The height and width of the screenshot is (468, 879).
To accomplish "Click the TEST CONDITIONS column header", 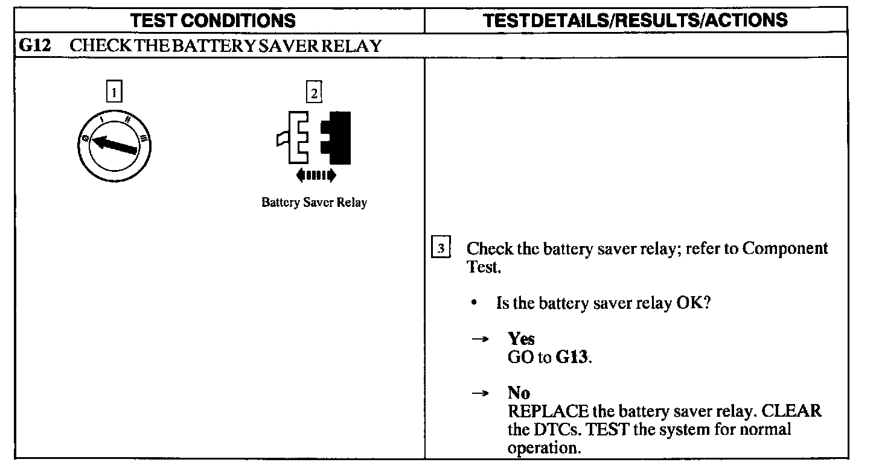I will pyautogui.click(x=213, y=21).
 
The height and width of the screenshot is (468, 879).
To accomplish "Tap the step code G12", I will pyautogui.click(x=33, y=46).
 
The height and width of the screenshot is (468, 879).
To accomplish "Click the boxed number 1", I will pyautogui.click(x=113, y=92).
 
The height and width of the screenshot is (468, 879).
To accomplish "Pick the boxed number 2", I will pyautogui.click(x=314, y=92).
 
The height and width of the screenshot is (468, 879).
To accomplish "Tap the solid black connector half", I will pyautogui.click(x=336, y=138).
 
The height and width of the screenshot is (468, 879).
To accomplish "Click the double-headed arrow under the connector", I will pyautogui.click(x=316, y=175).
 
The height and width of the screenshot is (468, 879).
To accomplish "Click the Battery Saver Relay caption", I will pyautogui.click(x=314, y=203).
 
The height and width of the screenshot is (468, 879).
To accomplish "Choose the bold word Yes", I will pyautogui.click(x=521, y=339).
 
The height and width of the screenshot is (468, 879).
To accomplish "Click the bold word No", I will pyautogui.click(x=519, y=393).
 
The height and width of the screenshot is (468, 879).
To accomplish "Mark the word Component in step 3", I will pyautogui.click(x=785, y=249).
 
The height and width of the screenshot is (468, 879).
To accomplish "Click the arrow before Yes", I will pyautogui.click(x=479, y=340).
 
